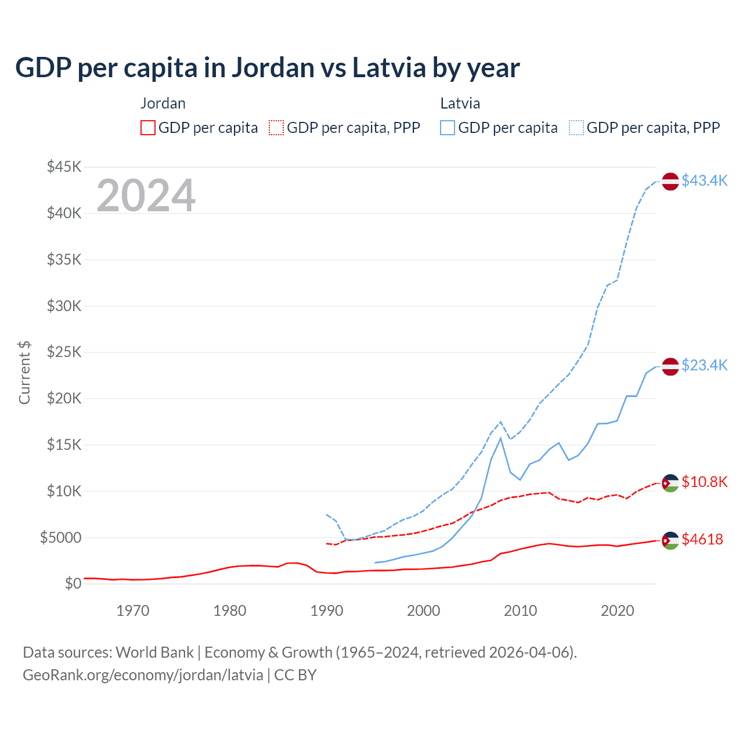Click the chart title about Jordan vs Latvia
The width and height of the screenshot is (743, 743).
(267, 68)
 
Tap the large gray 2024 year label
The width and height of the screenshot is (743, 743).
(146, 196)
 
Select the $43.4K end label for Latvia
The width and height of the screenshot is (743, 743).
(704, 181)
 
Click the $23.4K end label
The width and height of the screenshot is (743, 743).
(704, 365)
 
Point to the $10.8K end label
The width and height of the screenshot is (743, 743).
(704, 482)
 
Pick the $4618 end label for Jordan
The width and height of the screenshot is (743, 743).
(702, 539)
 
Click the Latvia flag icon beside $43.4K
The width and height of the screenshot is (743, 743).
(670, 181)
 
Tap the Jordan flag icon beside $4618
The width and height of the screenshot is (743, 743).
(670, 540)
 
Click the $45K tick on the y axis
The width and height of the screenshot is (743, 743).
(64, 167)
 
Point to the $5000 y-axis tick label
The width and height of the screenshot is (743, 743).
(60, 538)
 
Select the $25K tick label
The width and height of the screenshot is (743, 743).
(64, 352)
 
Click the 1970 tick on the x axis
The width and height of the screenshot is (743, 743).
(133, 611)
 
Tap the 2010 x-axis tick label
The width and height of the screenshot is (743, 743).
(520, 611)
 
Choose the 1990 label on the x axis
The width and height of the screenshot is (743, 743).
(327, 611)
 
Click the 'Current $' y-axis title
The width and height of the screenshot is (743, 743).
(24, 373)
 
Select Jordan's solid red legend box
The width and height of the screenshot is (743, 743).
(148, 128)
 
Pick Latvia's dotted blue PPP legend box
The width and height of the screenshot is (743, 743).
(576, 128)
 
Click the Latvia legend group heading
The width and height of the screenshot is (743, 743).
(460, 103)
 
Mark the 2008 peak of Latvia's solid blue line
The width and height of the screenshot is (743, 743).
(500, 438)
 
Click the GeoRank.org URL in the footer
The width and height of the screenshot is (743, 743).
(143, 675)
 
